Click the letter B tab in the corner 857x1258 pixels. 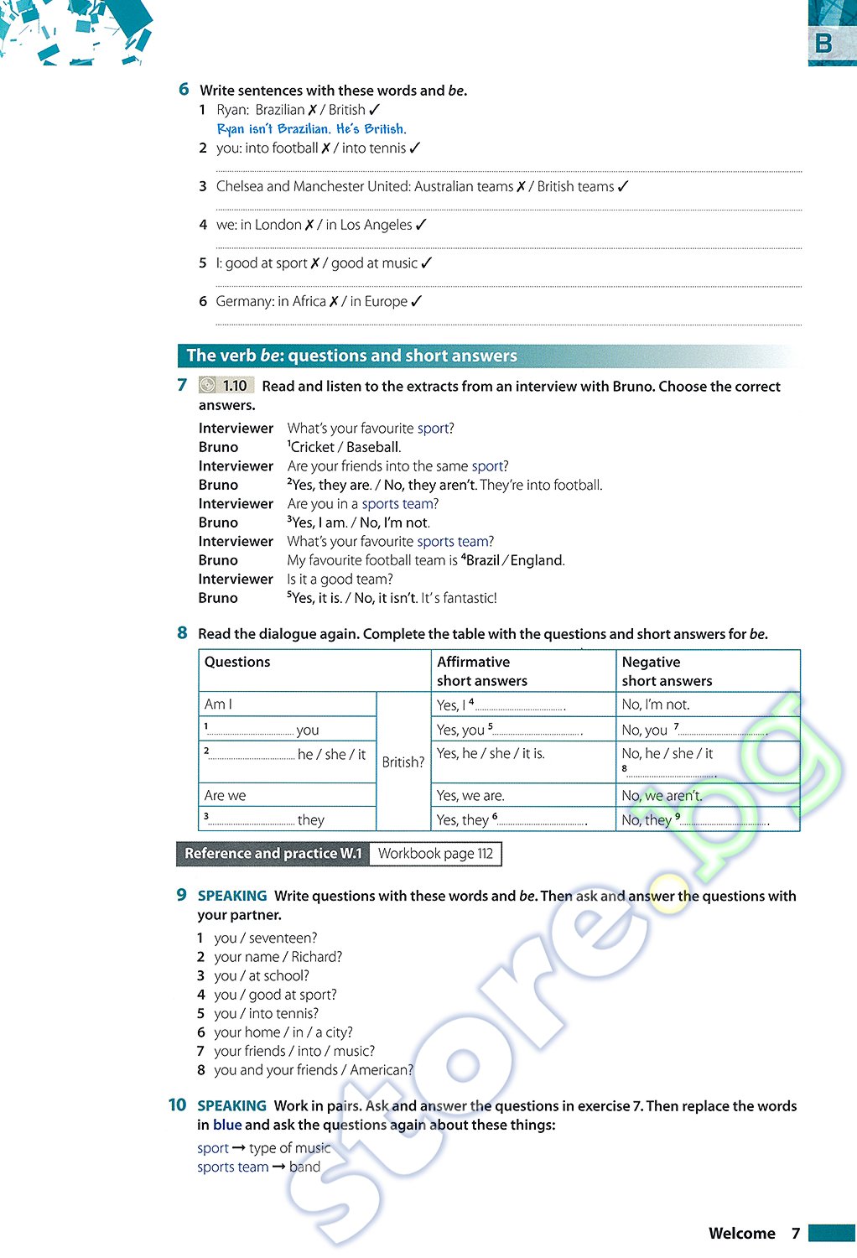[x=824, y=43]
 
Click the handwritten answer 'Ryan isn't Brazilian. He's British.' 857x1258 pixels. [x=311, y=129]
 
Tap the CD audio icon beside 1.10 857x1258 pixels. [x=208, y=386]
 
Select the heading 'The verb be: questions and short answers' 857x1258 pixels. [x=351, y=356]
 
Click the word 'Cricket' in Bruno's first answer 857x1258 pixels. [x=312, y=447]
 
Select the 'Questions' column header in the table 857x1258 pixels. [x=237, y=662]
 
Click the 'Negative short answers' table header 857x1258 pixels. [x=667, y=671]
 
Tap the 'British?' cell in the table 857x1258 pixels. [x=403, y=762]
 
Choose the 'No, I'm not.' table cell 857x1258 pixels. [x=656, y=704]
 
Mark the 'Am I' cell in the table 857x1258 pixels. [x=218, y=704]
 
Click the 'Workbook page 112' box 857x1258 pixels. [x=435, y=854]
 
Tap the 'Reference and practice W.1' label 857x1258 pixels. [x=273, y=854]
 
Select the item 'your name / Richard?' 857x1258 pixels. [x=278, y=957]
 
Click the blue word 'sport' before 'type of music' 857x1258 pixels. [x=213, y=1148]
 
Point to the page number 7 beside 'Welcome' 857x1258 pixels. [x=796, y=1233]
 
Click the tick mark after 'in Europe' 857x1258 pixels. [x=417, y=301]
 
